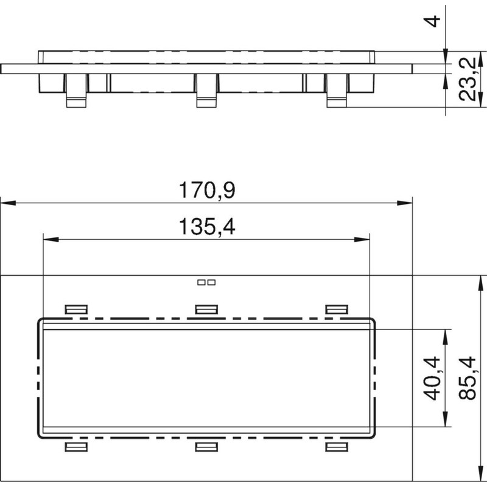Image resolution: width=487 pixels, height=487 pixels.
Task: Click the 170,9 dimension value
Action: (207, 190)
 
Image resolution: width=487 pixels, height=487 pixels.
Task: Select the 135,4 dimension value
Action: (207, 226)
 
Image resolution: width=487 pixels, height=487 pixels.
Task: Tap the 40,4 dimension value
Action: (432, 378)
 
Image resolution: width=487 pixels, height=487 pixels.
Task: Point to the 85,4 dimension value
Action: (468, 378)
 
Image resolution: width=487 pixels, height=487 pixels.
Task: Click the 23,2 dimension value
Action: (468, 79)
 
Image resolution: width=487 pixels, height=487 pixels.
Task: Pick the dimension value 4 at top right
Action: (432, 21)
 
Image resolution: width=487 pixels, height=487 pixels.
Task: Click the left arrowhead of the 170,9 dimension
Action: (9, 203)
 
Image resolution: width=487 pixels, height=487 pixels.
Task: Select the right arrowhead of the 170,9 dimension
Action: (405, 203)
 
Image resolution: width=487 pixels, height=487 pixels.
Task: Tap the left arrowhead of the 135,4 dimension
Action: (51, 239)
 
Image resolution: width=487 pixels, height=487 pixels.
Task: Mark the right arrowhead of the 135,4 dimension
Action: (362, 239)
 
